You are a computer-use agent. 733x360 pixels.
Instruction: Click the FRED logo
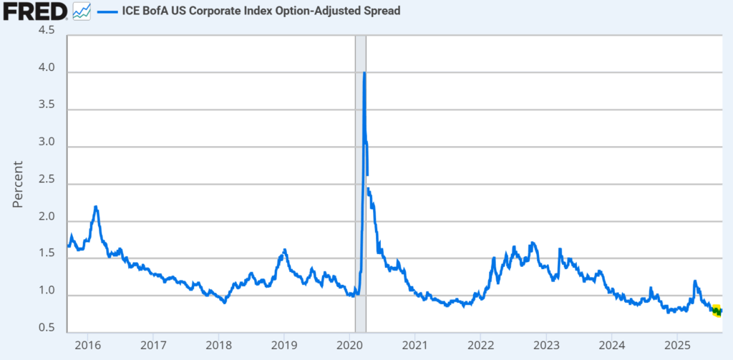[35, 11]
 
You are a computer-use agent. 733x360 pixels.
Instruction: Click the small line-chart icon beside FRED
[82, 11]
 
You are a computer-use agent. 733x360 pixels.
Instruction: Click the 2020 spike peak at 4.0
[365, 73]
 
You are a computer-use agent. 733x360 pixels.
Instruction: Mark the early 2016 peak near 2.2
[96, 207]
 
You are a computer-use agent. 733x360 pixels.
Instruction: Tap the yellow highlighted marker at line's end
[717, 310]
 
